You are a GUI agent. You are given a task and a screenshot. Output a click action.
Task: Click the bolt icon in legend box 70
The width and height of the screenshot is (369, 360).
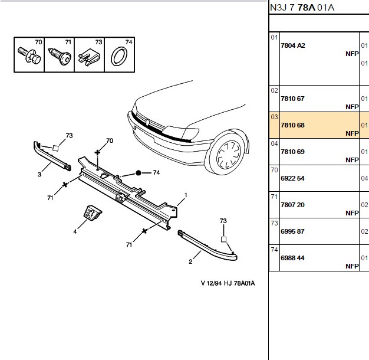(x=29, y=55)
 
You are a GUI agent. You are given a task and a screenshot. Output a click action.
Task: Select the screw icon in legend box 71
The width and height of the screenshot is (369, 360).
(x=60, y=57)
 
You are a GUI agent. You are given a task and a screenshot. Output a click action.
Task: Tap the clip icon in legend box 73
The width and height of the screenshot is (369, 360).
(x=89, y=57)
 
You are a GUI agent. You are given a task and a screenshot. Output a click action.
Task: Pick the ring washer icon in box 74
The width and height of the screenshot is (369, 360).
(x=119, y=56)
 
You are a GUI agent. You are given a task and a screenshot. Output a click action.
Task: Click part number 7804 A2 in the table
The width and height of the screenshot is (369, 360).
(x=293, y=45)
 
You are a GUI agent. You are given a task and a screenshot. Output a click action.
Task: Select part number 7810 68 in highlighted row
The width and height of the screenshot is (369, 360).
(x=292, y=125)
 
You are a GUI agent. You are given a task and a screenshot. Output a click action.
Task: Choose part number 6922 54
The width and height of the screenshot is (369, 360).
(x=292, y=178)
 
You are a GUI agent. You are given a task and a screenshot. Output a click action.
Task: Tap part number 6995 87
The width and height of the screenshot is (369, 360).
(x=292, y=231)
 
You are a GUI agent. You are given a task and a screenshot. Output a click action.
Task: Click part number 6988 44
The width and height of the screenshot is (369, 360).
(x=292, y=258)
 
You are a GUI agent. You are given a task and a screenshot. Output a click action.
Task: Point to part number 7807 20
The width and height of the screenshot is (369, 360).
(x=292, y=205)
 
